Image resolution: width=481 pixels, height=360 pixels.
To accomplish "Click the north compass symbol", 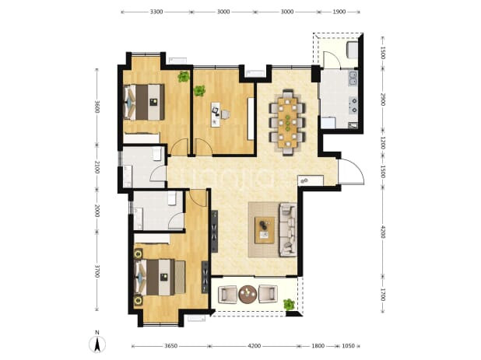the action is [97, 344].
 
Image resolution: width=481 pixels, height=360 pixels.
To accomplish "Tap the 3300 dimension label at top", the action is [156, 12].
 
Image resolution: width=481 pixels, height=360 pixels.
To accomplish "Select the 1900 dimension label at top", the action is [339, 12].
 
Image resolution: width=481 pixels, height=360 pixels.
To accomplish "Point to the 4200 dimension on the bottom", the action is [254, 346].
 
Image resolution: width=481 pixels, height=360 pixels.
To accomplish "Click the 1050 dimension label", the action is [348, 346].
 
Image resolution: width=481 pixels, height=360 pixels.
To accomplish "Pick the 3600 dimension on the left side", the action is [97, 107].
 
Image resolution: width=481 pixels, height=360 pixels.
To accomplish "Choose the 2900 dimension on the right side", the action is [382, 100].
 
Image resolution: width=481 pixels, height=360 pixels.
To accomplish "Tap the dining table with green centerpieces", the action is [287, 122].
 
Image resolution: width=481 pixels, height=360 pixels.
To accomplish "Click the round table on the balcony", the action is [248, 295].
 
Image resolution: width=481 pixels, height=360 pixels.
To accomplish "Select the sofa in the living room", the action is [288, 230].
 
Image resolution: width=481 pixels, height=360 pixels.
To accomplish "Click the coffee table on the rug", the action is [265, 230].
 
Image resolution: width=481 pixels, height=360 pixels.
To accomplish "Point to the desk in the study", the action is [216, 114].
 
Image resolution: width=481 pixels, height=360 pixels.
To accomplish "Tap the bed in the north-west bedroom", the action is [144, 102].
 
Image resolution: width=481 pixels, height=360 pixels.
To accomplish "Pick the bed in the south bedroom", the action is [160, 278].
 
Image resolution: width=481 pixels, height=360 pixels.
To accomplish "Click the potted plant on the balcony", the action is [289, 304].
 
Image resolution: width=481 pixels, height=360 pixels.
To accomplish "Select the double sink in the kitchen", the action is [353, 78].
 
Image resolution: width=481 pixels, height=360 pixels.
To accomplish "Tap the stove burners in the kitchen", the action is [353, 105].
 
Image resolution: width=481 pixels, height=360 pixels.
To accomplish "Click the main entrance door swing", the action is [352, 172].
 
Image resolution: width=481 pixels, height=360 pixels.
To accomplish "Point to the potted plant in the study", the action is [199, 91].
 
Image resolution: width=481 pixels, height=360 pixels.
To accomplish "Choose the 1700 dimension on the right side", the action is [382, 295].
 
